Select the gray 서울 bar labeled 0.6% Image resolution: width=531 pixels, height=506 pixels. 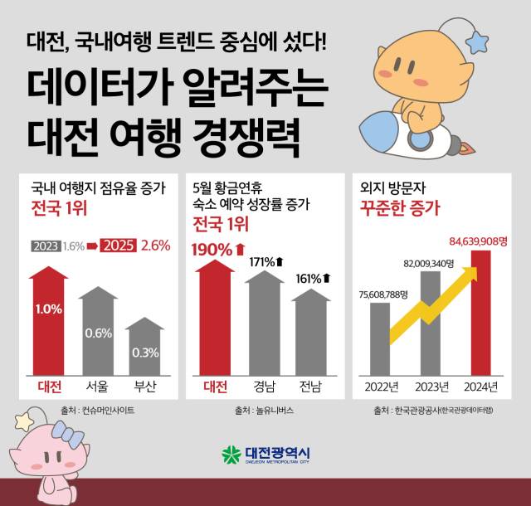coord(98,332)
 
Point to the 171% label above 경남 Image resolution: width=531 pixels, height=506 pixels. coord(266,262)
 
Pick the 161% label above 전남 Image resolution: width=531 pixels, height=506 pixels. coord(313,278)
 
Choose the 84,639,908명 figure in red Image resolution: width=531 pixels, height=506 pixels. coord(479,241)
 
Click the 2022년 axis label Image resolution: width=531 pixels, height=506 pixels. coord(380,386)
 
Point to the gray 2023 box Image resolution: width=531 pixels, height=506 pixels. coord(45,246)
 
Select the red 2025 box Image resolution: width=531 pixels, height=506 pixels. coord(118,246)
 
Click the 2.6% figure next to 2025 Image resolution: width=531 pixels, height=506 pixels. coord(156,246)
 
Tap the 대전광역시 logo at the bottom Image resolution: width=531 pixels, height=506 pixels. coord(265,455)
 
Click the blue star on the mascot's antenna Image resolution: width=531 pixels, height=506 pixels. coord(479,39)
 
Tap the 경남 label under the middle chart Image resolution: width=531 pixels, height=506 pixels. coord(266,386)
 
